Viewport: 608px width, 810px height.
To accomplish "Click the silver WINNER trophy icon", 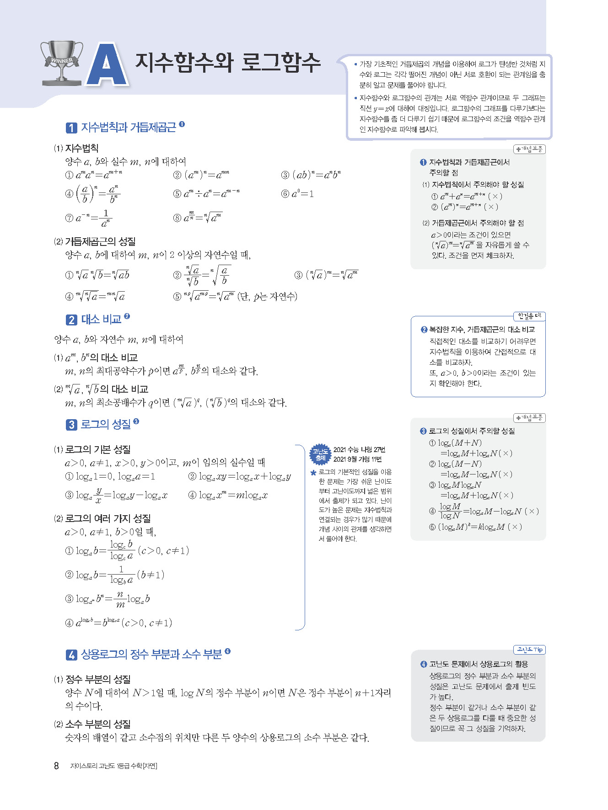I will click(x=62, y=63).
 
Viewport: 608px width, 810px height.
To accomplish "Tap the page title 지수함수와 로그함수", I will click(x=228, y=63).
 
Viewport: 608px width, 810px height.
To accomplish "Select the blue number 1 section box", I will click(x=71, y=128).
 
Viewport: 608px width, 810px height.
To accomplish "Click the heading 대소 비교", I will click(x=101, y=319).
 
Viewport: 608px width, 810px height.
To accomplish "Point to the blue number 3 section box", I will click(x=71, y=425).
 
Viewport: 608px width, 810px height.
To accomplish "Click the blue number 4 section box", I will click(x=71, y=655).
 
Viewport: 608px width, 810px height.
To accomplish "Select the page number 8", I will click(x=56, y=766).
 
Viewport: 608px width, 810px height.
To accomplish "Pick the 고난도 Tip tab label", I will click(x=529, y=650).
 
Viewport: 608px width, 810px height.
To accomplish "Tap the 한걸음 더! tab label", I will click(x=529, y=316).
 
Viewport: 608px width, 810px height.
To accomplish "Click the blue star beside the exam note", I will click(x=313, y=473).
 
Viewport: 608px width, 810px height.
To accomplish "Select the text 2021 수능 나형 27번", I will click(x=359, y=450).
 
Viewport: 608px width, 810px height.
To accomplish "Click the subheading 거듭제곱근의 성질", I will click(x=100, y=241).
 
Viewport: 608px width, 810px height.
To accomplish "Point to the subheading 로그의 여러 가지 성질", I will click(x=108, y=518).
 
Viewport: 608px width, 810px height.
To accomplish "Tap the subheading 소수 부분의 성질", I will click(x=98, y=724).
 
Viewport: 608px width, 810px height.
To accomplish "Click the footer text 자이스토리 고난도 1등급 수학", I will click(x=113, y=766).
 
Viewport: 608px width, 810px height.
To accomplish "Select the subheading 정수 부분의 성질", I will click(x=98, y=679).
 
